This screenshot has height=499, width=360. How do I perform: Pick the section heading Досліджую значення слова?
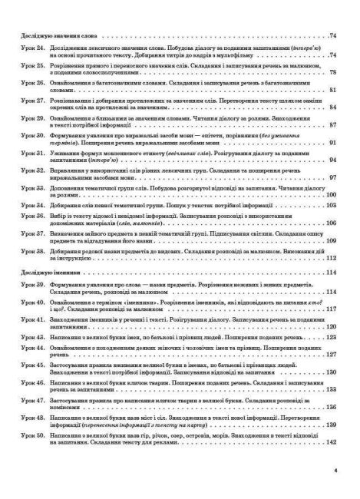[x=55, y=36]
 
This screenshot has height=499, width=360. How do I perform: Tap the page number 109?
[x=332, y=240]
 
